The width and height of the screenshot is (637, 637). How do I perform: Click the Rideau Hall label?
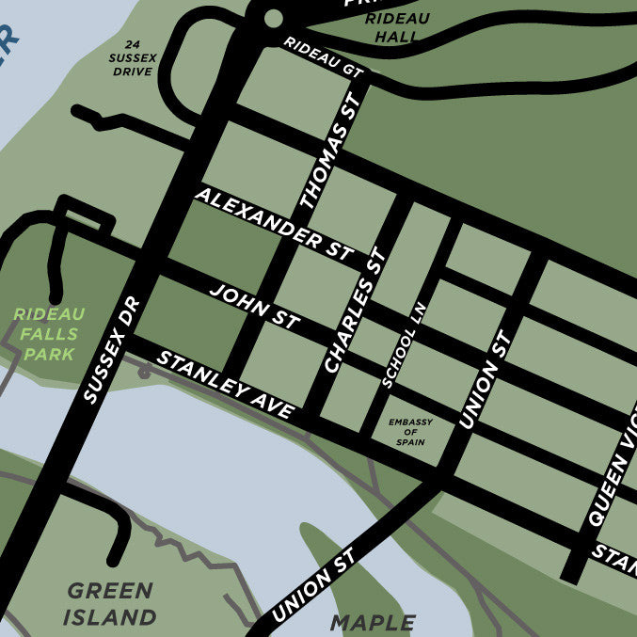(387, 27)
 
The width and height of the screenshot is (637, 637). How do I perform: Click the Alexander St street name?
(273, 224)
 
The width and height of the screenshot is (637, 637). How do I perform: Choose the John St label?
(254, 307)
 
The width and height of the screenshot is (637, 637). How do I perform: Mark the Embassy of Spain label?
(410, 433)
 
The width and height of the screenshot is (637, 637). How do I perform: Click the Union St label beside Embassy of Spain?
(482, 381)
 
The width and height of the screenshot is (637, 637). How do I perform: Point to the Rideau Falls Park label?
(49, 333)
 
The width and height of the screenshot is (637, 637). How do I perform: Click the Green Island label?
(110, 604)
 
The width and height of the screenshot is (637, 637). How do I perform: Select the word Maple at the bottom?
(373, 622)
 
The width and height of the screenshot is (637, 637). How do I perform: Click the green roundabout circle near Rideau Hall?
(273, 17)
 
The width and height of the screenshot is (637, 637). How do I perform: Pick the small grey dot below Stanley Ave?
(143, 373)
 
